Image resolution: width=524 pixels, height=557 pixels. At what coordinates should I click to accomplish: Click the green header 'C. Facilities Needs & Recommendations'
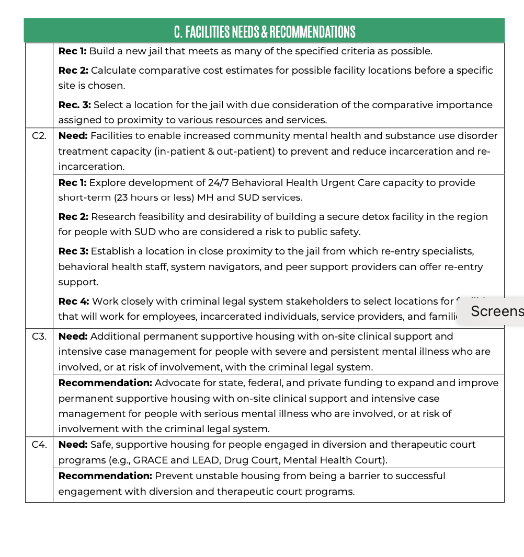point(264,31)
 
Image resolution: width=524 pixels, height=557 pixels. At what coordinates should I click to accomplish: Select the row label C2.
point(39,136)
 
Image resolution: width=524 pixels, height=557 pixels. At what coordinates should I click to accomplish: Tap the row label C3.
point(39,336)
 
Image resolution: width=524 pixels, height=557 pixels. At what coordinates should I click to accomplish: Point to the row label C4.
point(39,445)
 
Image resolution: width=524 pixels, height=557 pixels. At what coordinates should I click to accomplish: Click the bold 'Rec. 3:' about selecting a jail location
point(75,105)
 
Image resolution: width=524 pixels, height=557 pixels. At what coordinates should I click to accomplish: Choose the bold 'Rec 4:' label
point(74,301)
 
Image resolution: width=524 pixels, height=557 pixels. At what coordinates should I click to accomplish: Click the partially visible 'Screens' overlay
point(496,311)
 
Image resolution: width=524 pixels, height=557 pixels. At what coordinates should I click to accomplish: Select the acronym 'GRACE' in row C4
point(148,460)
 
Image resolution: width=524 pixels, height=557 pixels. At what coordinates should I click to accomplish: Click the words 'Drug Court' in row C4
point(233,460)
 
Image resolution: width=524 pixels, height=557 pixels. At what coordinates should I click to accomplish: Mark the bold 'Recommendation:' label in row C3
point(105,383)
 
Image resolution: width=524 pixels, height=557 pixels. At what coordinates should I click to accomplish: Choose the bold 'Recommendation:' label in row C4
point(105,476)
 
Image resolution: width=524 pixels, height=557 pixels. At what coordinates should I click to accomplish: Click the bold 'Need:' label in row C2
point(73,136)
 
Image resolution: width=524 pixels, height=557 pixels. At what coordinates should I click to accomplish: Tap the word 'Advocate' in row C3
point(174,383)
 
